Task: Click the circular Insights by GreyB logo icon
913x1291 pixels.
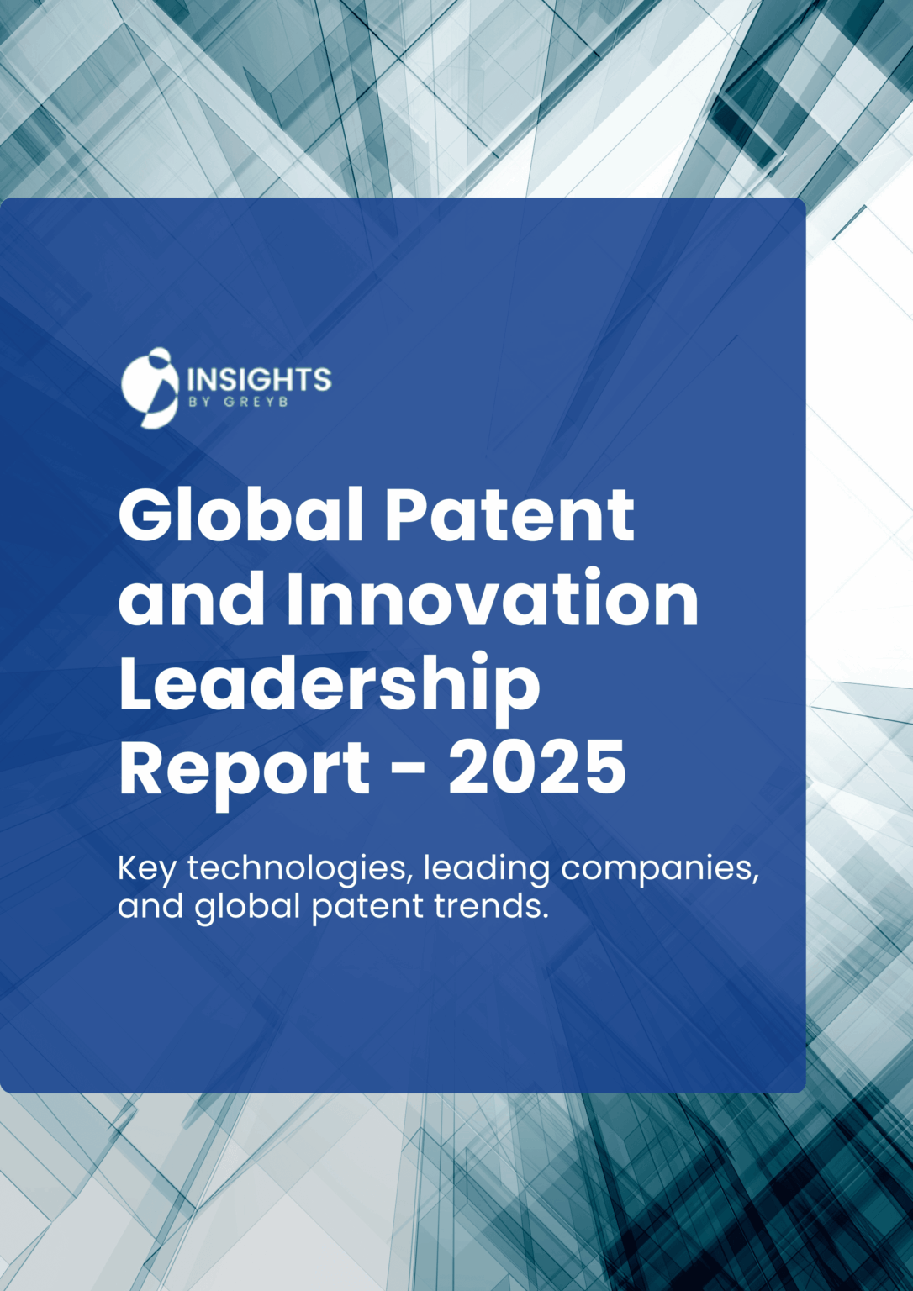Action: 150,387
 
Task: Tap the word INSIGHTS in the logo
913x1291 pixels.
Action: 259,379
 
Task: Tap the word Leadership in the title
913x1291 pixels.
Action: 330,686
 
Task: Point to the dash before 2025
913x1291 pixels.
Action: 409,770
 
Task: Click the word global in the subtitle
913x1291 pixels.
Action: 247,907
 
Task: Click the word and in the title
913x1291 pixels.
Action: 193,600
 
